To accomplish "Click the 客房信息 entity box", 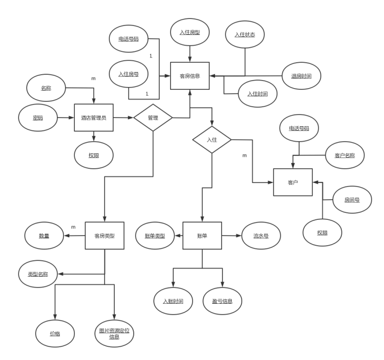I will pos(190,76).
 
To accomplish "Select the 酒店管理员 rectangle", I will pos(94,117).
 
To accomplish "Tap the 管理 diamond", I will pos(153,117).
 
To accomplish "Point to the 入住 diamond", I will pos(212,139).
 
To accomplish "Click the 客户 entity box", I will pos(293,182).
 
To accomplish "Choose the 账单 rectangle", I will pos(202,235).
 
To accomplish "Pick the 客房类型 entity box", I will pos(104,235).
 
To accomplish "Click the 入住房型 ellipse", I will pos(190,32).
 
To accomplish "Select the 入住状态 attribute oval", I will pos(245,35).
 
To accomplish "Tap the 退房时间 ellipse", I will pos(301,76).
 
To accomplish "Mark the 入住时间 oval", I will pos(257,94).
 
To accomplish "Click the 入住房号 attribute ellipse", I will pos(128,74).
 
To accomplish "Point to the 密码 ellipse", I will pos(38,117).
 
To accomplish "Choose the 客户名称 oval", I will pos(344,155).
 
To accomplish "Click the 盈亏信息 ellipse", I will pos(223,301).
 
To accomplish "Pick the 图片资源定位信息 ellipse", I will pos(114,333).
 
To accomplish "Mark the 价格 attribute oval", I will pos(55,333).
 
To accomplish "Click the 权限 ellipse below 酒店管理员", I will pos(94,155).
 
